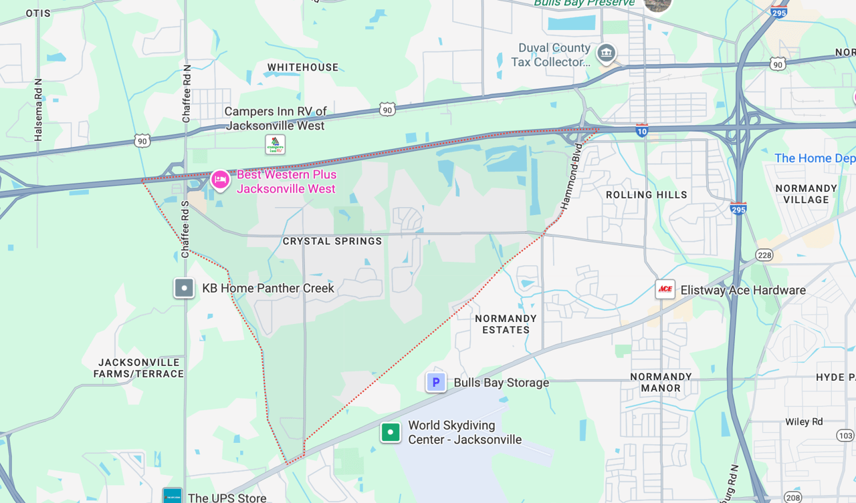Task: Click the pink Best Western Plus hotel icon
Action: [x=220, y=179]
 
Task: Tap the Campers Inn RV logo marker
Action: [x=275, y=144]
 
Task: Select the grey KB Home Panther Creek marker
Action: [x=184, y=289]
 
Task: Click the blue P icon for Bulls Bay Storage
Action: [x=436, y=382]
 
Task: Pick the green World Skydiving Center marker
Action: [x=391, y=432]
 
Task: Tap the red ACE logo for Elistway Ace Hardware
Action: [x=665, y=289]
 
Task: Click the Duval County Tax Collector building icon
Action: [x=606, y=53]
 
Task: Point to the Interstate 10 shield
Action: [x=642, y=130]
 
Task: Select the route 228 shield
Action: [x=764, y=255]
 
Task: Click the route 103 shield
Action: [x=845, y=436]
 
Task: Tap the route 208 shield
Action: [x=792, y=497]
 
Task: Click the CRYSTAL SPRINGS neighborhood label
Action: [x=332, y=241]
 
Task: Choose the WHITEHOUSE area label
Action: [x=303, y=67]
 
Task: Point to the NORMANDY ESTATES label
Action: [x=506, y=324]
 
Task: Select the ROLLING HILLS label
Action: [x=646, y=195]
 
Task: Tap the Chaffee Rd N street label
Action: [x=187, y=94]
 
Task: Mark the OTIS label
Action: [x=38, y=13]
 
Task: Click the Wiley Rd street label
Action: [x=804, y=422]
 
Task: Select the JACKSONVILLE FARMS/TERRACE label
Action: [x=138, y=368]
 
